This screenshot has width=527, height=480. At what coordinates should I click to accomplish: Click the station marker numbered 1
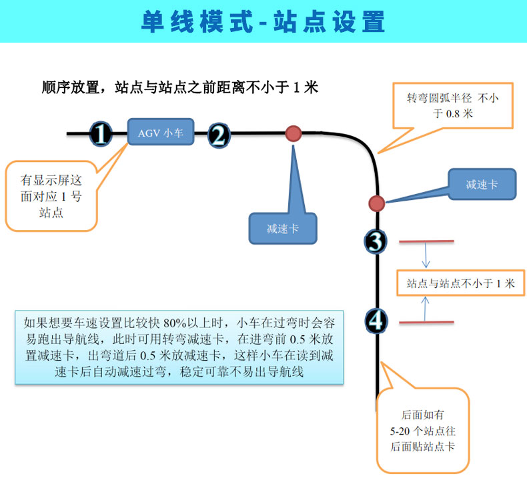click(x=101, y=134)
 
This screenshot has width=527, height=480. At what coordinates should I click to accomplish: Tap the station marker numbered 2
click(x=219, y=135)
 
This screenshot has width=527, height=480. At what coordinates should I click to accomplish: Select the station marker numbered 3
click(x=376, y=241)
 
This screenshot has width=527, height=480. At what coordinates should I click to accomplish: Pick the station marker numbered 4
click(x=376, y=321)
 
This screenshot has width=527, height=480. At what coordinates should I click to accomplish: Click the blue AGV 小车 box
click(x=161, y=132)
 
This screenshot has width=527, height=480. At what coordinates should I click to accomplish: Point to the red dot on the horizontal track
click(x=294, y=133)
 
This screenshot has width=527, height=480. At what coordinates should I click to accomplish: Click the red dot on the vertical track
click(x=376, y=203)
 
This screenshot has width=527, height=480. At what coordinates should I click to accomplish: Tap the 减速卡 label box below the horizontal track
click(x=283, y=229)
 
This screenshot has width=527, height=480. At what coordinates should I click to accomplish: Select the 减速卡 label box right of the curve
click(x=482, y=184)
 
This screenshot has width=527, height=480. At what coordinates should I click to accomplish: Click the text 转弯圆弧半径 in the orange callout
click(x=440, y=98)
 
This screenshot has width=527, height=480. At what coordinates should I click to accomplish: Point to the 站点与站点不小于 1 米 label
click(x=460, y=283)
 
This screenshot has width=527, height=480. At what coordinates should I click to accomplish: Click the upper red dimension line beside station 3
click(x=426, y=241)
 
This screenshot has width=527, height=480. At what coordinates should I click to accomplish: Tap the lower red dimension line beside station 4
click(x=426, y=323)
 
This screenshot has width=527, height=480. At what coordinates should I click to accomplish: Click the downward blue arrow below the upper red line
click(x=426, y=255)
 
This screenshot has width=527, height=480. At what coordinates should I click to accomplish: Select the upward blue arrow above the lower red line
click(x=425, y=309)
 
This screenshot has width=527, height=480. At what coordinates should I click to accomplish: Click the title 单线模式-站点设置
click(x=263, y=21)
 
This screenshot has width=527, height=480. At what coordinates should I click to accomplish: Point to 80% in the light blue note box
click(x=175, y=323)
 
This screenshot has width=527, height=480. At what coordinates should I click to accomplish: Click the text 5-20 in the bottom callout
click(x=400, y=431)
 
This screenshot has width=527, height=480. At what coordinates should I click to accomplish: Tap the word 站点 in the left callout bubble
click(x=51, y=213)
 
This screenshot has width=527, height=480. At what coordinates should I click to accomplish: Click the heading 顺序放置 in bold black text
click(x=70, y=88)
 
